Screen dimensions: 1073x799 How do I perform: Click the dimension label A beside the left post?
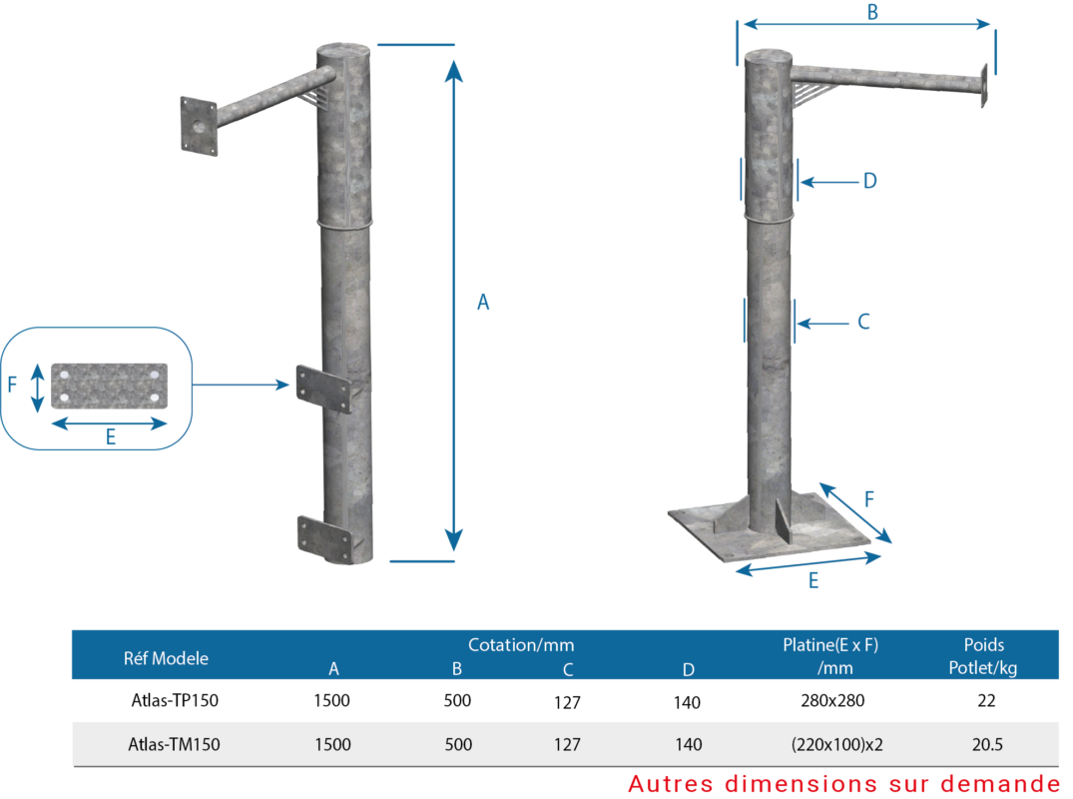[483, 302]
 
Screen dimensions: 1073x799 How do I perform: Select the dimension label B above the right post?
[872, 12]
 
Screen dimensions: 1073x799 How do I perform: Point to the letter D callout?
[869, 181]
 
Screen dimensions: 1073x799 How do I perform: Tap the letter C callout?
[863, 322]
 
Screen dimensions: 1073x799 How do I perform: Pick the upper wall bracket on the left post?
[323, 389]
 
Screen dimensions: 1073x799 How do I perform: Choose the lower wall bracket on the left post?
[325, 539]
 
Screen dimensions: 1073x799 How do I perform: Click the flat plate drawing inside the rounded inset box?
[110, 386]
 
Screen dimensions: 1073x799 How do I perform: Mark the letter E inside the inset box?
[110, 436]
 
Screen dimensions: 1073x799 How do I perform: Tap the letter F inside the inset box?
[12, 385]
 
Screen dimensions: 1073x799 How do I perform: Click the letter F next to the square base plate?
[869, 498]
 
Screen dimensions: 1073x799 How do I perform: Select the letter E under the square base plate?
[812, 580]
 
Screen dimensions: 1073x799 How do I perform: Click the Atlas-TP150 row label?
[175, 700]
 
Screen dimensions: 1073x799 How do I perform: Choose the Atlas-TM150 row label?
[174, 744]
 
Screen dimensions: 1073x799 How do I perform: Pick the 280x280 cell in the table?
[832, 700]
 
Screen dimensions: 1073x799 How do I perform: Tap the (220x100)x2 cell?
[836, 744]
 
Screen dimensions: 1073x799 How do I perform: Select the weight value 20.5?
[987, 744]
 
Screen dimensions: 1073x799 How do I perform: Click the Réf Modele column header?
[166, 658]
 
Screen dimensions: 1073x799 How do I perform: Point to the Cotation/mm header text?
[521, 645]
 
